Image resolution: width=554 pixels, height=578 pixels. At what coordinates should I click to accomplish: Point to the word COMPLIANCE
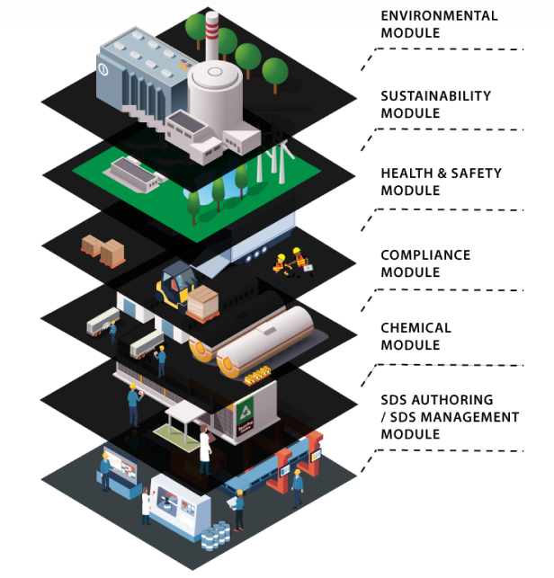click(x=425, y=255)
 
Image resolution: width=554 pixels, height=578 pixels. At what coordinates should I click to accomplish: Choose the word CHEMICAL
click(x=416, y=328)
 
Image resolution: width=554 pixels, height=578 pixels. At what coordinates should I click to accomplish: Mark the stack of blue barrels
click(x=213, y=539)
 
